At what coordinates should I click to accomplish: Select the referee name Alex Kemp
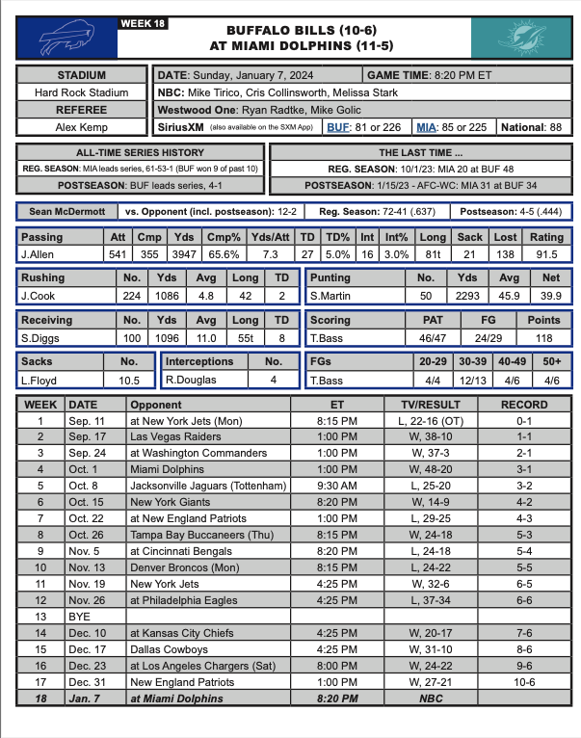click(82, 126)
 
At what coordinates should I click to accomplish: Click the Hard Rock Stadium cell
click(82, 92)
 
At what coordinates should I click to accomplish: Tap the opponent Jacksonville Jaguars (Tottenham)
click(207, 486)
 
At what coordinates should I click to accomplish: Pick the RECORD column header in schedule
click(524, 405)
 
